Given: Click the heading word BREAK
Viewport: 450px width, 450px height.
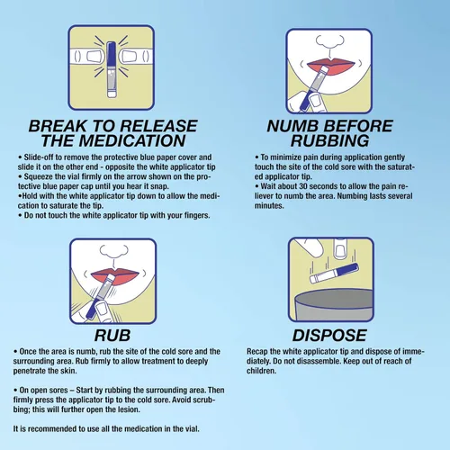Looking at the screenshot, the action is [x=58, y=126].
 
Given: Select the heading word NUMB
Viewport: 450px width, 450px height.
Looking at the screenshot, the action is [x=292, y=126].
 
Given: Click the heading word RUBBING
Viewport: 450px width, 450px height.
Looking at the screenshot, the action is [x=329, y=140].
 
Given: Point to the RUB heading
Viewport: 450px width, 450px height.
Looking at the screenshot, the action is [x=112, y=336].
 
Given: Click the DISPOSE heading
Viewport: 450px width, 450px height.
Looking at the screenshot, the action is [x=329, y=336].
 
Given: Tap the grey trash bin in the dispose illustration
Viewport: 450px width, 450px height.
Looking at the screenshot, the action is [x=333, y=305].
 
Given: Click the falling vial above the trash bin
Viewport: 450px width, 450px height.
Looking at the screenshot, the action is [x=334, y=274].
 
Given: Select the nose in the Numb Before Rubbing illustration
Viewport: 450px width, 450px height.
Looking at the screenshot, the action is [x=329, y=42].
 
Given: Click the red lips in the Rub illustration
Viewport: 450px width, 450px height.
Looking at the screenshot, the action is [x=115, y=276].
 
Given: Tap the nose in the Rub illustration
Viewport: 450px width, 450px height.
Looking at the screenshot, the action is [x=113, y=252].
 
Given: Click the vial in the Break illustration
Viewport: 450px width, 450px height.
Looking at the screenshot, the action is [x=112, y=69].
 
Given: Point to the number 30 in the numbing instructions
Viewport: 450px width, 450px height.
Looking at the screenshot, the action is [x=303, y=186].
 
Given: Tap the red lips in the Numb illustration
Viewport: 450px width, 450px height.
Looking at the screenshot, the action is [x=331, y=64].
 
